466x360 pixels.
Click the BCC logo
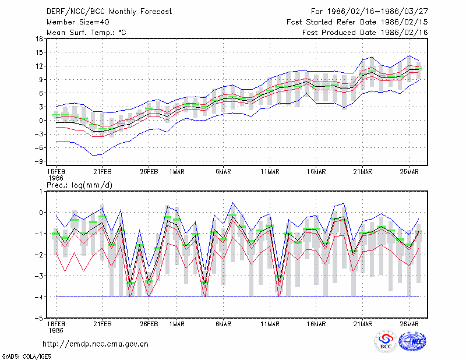[386, 341]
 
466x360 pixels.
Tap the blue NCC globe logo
[412, 341]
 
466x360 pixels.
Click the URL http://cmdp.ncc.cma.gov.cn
[96, 344]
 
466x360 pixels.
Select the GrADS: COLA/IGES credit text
[26, 357]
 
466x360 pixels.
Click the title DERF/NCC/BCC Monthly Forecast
[109, 12]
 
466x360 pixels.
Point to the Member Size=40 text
[78, 22]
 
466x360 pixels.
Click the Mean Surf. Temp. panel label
[86, 33]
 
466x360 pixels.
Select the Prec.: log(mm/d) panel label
[79, 185]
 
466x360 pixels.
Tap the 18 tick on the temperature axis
[39, 38]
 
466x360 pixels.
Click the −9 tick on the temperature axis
[38, 161]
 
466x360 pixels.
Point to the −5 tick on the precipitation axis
[38, 319]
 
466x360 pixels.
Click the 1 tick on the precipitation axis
[41, 192]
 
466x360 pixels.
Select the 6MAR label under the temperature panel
[223, 172]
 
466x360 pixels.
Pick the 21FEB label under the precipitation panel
[103, 324]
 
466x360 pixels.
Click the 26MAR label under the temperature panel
[409, 172]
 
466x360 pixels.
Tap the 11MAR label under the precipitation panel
[270, 324]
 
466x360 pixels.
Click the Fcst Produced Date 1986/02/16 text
[365, 33]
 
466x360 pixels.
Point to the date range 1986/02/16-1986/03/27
[377, 12]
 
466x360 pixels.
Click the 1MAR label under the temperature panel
[177, 172]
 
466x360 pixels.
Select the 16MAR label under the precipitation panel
[316, 324]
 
